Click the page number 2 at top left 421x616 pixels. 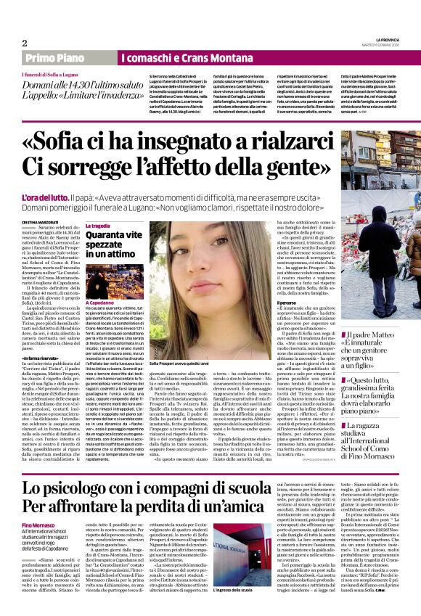(x=25, y=43)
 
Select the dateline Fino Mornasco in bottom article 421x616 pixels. (x=40, y=525)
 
